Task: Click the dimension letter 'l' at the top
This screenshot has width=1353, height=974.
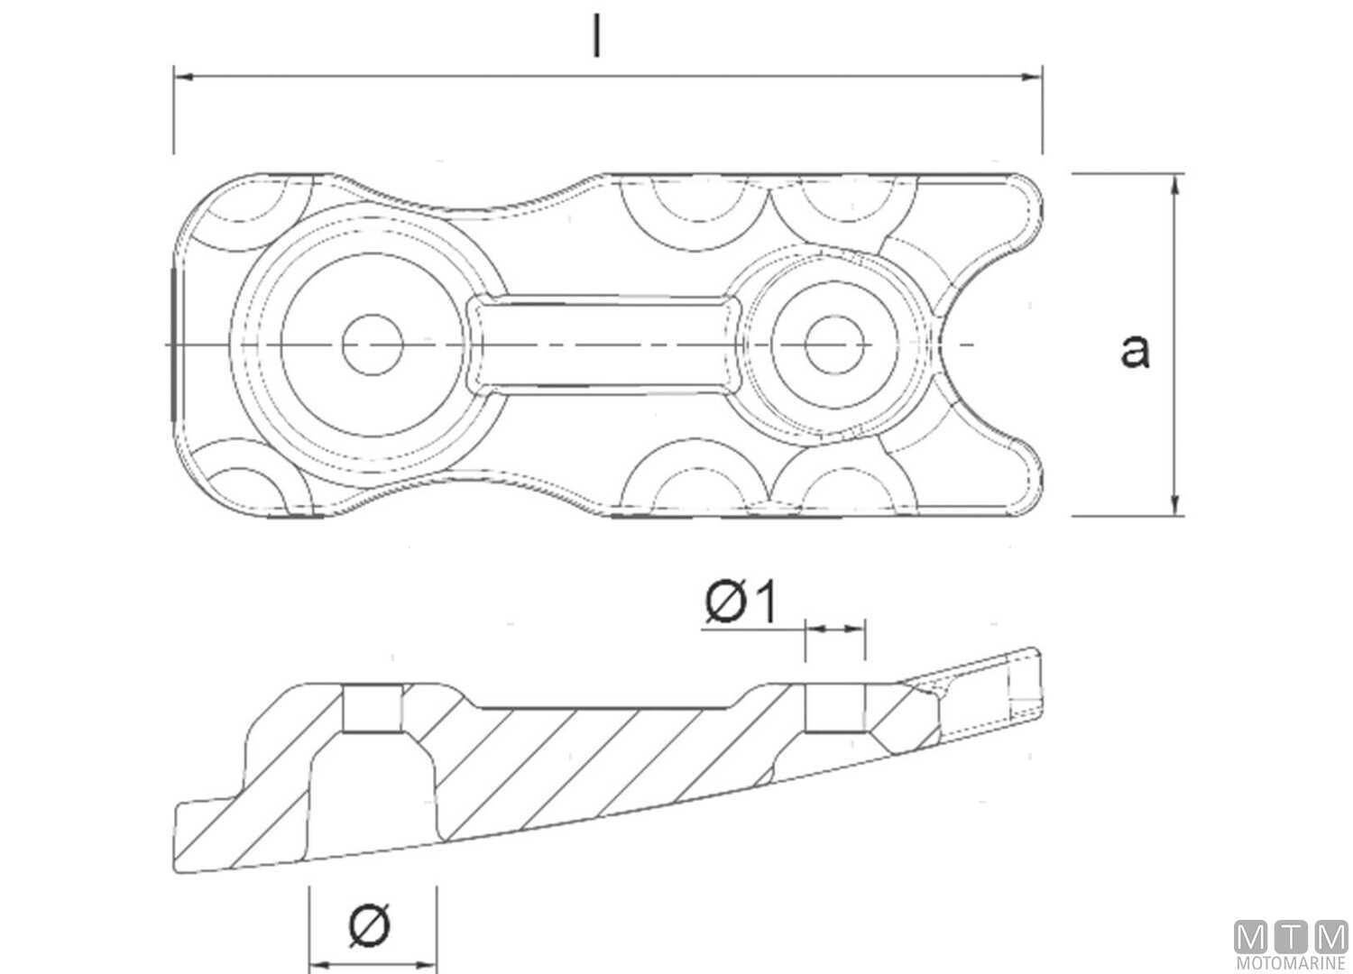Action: click(x=596, y=37)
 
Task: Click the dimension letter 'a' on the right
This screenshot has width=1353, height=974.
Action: click(x=1134, y=350)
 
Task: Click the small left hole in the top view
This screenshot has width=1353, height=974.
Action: click(x=373, y=345)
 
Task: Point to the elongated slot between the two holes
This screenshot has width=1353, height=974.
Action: click(x=604, y=345)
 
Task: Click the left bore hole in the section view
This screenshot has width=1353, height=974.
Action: click(x=373, y=708)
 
